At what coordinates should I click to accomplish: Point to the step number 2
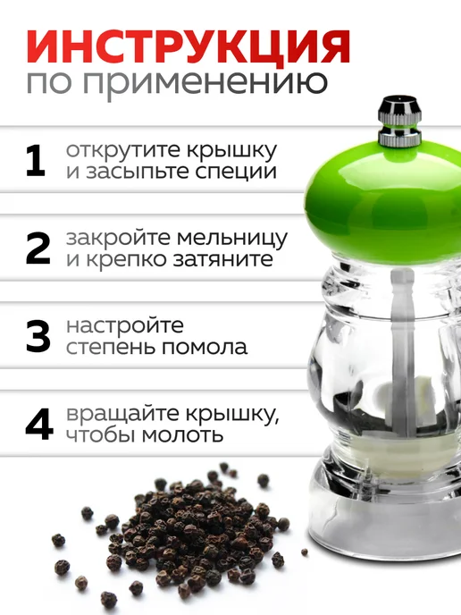pyautogui.click(x=38, y=249)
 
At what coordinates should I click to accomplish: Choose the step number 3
pyautogui.click(x=38, y=336)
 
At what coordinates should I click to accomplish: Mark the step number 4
pyautogui.click(x=38, y=424)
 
